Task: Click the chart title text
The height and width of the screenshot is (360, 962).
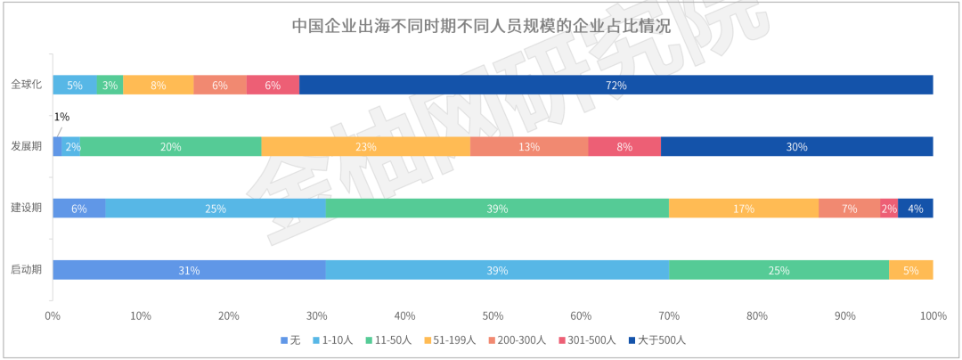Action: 481,25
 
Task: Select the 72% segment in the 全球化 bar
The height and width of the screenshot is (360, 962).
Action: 616,85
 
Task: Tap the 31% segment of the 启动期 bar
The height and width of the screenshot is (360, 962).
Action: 189,270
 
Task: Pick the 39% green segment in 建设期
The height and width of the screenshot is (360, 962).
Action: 497,209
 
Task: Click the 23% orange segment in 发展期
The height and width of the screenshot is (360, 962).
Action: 366,147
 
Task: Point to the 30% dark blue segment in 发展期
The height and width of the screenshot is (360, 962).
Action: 796,147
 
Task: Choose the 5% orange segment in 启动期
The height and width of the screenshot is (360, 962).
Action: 910,270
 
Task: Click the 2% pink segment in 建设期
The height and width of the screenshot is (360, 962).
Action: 889,209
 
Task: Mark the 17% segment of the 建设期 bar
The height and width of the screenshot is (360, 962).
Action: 744,209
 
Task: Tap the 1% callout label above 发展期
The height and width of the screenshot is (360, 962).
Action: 61,117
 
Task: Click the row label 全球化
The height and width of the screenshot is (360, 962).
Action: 26,85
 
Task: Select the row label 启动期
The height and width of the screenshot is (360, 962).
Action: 26,270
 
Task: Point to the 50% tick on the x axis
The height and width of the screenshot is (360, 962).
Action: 493,315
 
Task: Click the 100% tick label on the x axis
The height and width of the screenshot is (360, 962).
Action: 932,315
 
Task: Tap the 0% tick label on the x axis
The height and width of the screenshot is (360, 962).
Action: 53,315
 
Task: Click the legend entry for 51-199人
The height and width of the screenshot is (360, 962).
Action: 452,340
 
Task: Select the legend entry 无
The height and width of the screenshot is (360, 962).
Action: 289,340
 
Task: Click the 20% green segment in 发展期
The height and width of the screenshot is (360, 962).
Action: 171,147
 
